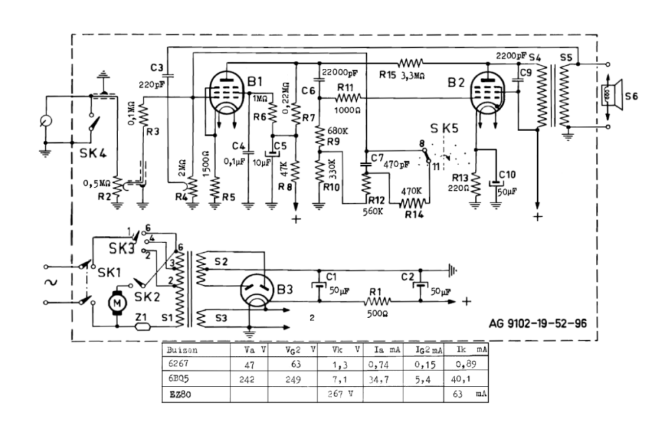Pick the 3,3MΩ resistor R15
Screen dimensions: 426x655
pyautogui.click(x=411, y=64)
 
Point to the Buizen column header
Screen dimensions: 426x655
pyautogui.click(x=181, y=350)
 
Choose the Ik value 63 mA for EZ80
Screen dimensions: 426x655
pyautogui.click(x=466, y=394)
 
